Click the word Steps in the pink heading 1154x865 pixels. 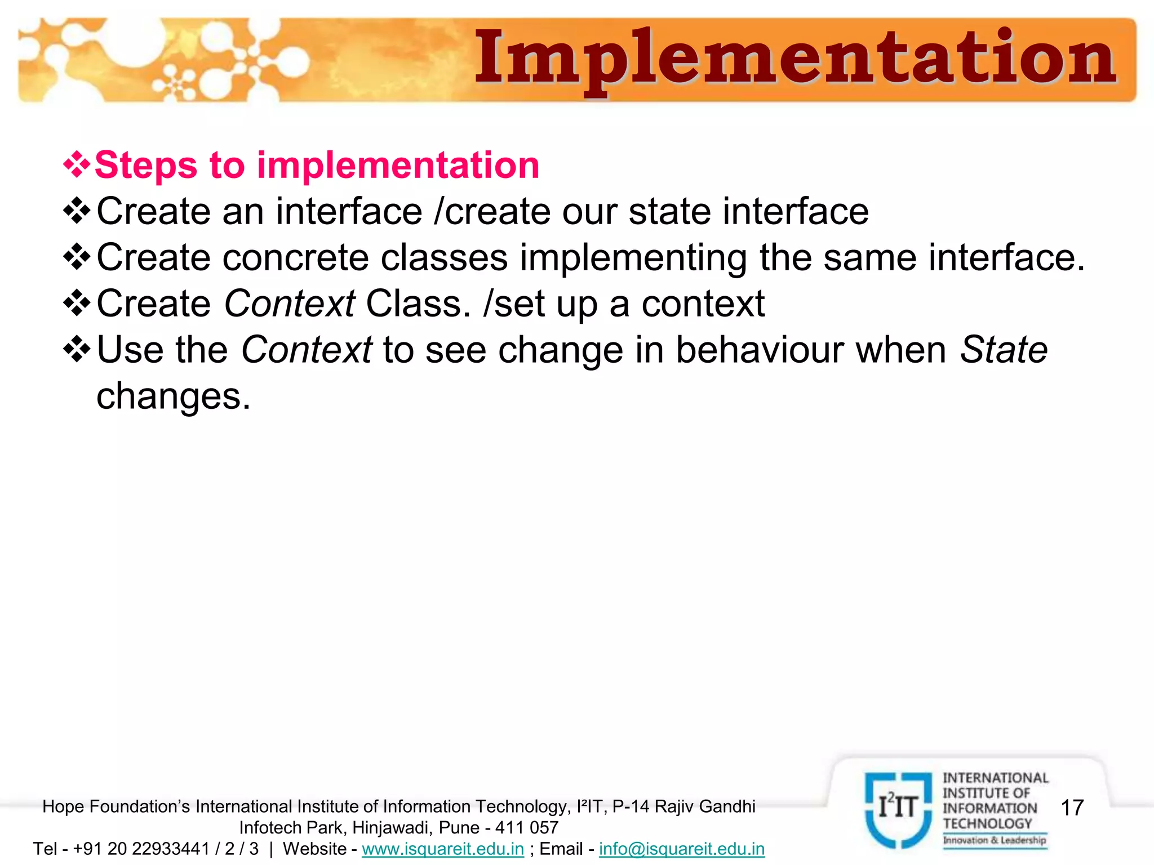[x=145, y=166]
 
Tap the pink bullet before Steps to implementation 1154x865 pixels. [x=77, y=165]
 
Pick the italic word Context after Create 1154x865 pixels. [x=289, y=304]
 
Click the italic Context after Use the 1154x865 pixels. [x=306, y=350]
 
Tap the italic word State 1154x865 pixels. [x=1004, y=350]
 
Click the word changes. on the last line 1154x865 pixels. [x=173, y=396]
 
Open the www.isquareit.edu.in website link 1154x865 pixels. [x=443, y=849]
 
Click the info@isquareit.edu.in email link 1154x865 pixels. [x=682, y=849]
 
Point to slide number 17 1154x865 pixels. [x=1072, y=808]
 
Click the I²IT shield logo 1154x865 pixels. [x=898, y=809]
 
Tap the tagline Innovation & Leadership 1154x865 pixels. [x=995, y=840]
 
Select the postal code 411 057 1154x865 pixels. [x=526, y=828]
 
